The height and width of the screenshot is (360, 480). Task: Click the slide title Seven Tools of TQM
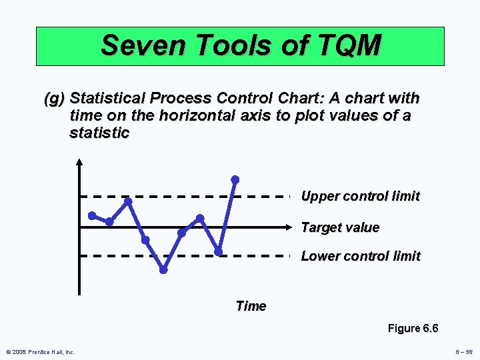coord(240,45)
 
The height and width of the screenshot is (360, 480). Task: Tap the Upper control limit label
coord(360,196)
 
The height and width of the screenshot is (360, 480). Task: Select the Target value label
coord(340,227)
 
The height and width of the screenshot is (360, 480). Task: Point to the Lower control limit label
coord(361,256)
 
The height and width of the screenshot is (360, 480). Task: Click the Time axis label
coord(251,306)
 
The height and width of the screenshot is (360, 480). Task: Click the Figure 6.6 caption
coord(413,328)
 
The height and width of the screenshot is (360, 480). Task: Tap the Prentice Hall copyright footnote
coord(40,351)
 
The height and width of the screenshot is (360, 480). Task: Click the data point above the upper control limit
coord(235,179)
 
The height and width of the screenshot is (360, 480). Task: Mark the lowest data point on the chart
coord(163,270)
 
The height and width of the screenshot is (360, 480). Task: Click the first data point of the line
coord(92,215)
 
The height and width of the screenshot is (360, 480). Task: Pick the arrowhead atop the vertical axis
coord(79,161)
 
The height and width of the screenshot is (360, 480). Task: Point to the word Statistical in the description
coord(107,99)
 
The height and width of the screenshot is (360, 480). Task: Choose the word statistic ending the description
coord(99,133)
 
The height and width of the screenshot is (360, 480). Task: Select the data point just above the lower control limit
coord(218,251)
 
